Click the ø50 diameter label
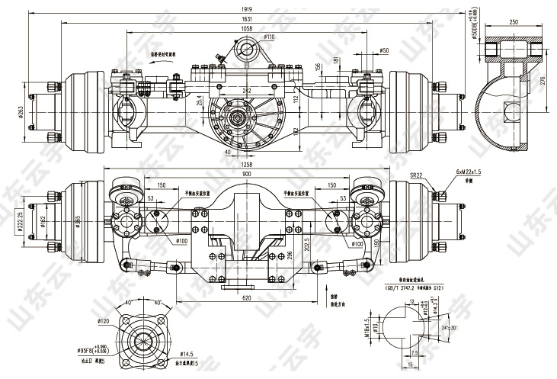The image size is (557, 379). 384,50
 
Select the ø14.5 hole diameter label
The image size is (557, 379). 186,355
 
